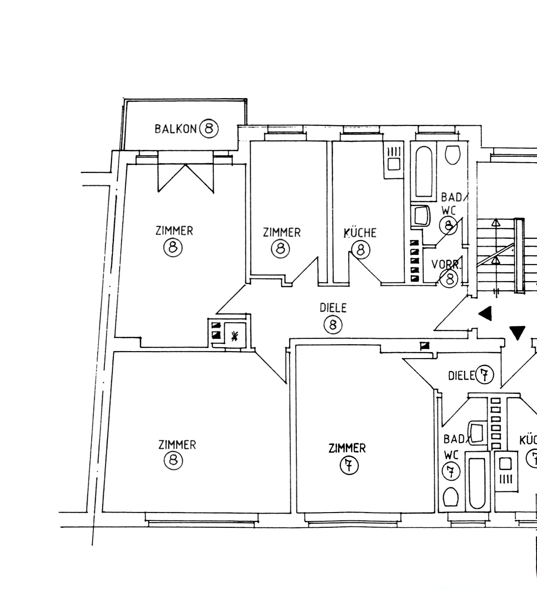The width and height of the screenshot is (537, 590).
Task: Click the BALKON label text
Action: [x=175, y=129]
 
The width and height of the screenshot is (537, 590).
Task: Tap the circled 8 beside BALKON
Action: [x=209, y=128]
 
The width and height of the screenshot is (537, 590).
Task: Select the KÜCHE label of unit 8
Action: [x=360, y=233]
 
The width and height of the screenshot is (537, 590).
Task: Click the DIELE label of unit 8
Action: [x=333, y=307]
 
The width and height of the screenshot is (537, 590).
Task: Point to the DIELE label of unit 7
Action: [x=461, y=376]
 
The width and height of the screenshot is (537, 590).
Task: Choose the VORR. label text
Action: [x=445, y=265]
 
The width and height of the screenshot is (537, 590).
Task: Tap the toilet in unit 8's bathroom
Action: [x=453, y=155]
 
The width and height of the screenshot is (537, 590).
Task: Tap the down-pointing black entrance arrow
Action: [x=517, y=332]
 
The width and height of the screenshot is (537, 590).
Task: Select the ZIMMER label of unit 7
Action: [x=347, y=448]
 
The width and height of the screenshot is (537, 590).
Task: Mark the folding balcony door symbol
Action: [x=186, y=177]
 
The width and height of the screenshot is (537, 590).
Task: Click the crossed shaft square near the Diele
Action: [x=235, y=336]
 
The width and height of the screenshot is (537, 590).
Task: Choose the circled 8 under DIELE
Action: [x=333, y=325]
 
